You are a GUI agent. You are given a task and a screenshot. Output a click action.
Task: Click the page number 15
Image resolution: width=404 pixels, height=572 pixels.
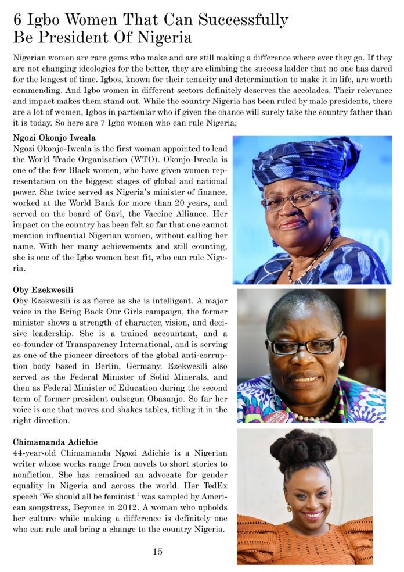(157, 552)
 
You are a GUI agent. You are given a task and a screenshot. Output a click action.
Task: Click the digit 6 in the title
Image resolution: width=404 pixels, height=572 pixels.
(18, 20)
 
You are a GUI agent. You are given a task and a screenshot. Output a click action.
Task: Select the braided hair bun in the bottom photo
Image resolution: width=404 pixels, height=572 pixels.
(304, 449)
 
